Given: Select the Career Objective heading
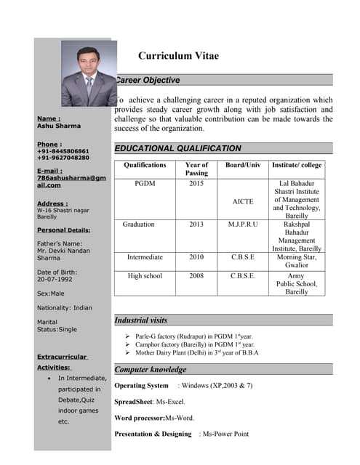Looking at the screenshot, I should pyautogui.click(x=148, y=80).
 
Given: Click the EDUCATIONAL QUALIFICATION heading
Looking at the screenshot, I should pyautogui.click(x=178, y=148).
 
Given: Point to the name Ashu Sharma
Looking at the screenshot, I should pyautogui.click(x=59, y=126).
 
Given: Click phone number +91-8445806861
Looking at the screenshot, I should pyautogui.click(x=63, y=151).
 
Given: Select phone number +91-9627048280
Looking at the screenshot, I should pyautogui.click(x=63, y=158).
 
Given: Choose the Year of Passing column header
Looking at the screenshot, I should pyautogui.click(x=196, y=169).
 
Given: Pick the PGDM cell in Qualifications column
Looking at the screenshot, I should pyautogui.click(x=145, y=184).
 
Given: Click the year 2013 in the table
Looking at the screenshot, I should pyautogui.click(x=196, y=225).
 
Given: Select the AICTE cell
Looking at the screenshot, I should pyautogui.click(x=243, y=201).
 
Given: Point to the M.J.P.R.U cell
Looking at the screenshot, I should pyautogui.click(x=243, y=225).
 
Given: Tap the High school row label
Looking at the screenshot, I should pyautogui.click(x=145, y=276).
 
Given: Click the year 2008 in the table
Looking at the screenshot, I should pyautogui.click(x=196, y=276).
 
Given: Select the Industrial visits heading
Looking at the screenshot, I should pyautogui.click(x=141, y=320).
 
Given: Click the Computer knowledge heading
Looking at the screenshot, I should pyautogui.click(x=151, y=370).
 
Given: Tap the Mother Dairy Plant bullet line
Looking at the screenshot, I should pyautogui.click(x=196, y=352).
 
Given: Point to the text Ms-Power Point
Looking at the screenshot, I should pyautogui.click(x=226, y=434).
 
